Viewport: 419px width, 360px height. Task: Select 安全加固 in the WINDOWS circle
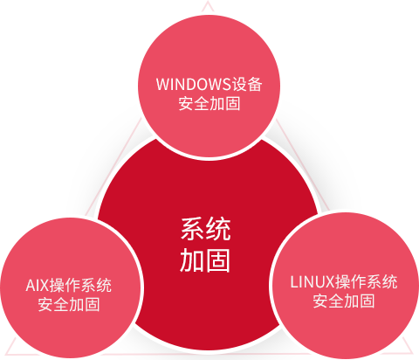click(x=209, y=103)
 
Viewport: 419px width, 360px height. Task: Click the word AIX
click(x=37, y=286)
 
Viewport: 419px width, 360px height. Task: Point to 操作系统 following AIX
click(x=80, y=285)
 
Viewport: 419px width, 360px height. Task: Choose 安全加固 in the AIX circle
click(x=69, y=304)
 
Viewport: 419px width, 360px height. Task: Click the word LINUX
click(x=313, y=282)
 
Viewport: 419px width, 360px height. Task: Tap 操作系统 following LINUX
click(x=366, y=281)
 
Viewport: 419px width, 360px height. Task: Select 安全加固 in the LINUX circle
click(x=344, y=301)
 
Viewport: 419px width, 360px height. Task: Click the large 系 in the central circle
click(x=193, y=229)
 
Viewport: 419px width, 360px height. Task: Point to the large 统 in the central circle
click(x=218, y=229)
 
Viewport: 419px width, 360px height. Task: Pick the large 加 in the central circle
click(x=192, y=260)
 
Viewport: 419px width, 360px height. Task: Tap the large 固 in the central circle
click(x=218, y=260)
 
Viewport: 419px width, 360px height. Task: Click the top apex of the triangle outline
click(x=208, y=2)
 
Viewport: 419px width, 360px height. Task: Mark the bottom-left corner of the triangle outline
click(x=6, y=354)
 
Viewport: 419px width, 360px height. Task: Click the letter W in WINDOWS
click(x=162, y=84)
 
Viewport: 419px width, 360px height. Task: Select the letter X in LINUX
click(x=329, y=282)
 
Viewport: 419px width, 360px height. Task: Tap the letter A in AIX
click(x=31, y=286)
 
